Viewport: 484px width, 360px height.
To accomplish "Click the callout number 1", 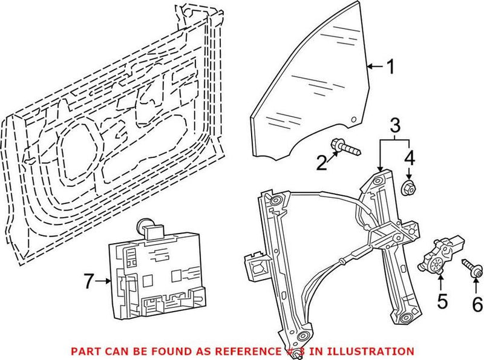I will [390, 67].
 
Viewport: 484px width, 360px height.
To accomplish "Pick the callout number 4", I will [409, 160].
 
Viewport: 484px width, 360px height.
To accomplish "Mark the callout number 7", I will [88, 281].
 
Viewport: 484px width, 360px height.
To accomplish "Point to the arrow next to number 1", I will [375, 67].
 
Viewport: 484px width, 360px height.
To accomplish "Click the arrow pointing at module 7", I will [104, 281].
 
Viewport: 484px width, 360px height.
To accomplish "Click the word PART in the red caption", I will [85, 351].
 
